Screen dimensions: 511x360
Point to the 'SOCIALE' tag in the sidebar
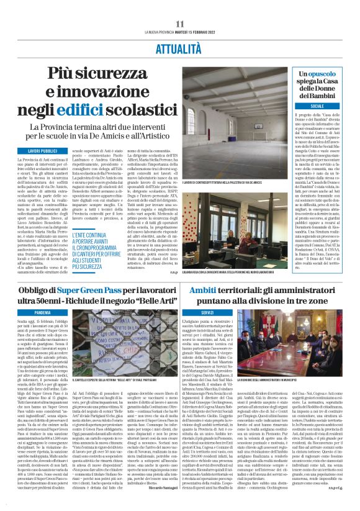(326, 106)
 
